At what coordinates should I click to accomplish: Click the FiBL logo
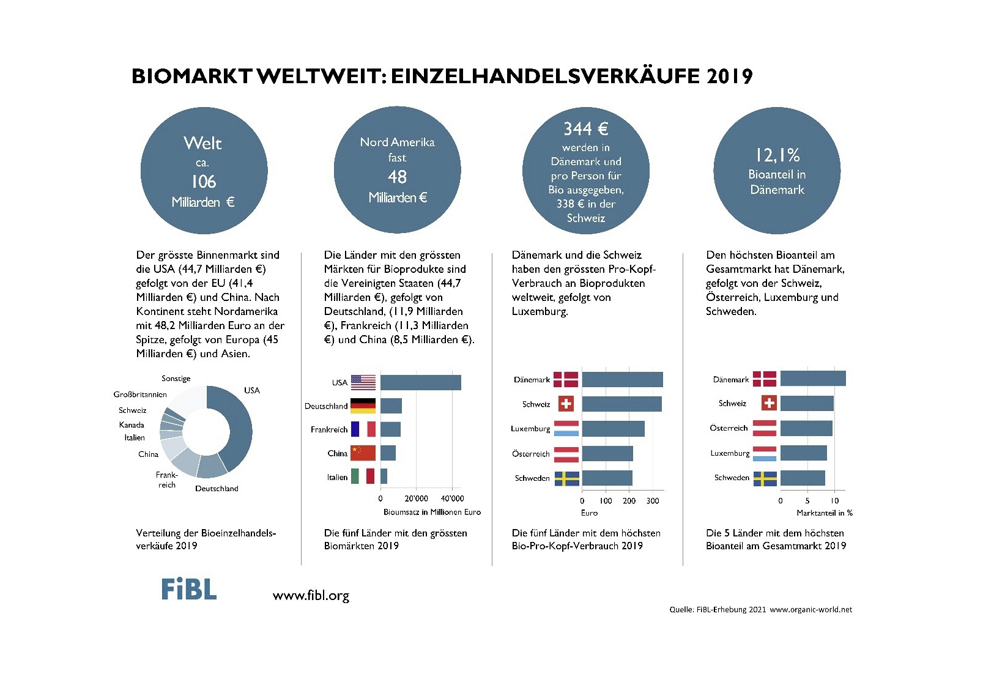tap(188, 589)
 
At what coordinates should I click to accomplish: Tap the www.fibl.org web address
tap(311, 595)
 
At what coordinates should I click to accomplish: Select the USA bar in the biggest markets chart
tap(420, 383)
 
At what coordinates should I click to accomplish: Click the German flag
tap(363, 406)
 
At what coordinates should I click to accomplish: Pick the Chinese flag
tap(363, 453)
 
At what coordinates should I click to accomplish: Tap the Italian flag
tap(363, 476)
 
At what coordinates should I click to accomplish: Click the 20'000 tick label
tap(416, 499)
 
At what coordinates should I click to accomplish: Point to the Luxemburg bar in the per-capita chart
tap(613, 429)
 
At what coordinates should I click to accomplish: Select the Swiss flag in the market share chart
tap(769, 403)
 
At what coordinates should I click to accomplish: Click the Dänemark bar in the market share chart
tap(813, 379)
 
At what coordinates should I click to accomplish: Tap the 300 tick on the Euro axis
tap(653, 501)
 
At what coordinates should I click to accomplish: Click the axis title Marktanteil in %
tap(824, 513)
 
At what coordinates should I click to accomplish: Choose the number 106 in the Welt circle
tap(203, 182)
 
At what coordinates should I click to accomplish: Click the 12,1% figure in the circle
tap(777, 155)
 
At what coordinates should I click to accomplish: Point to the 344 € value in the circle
tap(585, 129)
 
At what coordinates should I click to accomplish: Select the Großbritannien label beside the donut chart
tap(140, 395)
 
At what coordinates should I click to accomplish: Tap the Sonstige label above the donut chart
tap(176, 379)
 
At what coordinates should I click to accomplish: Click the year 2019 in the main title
tap(729, 76)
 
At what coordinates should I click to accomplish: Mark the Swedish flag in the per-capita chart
tap(566, 478)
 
